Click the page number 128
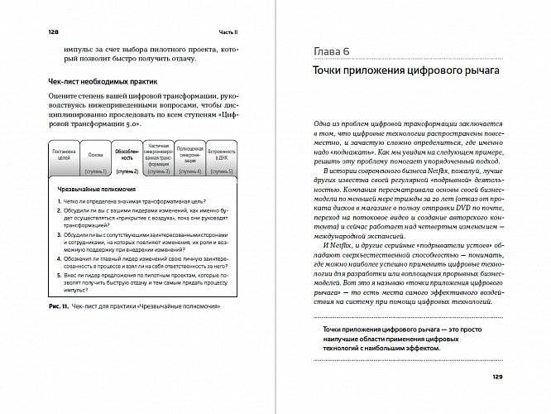click(x=35, y=32)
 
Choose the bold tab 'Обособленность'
click(x=127, y=157)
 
